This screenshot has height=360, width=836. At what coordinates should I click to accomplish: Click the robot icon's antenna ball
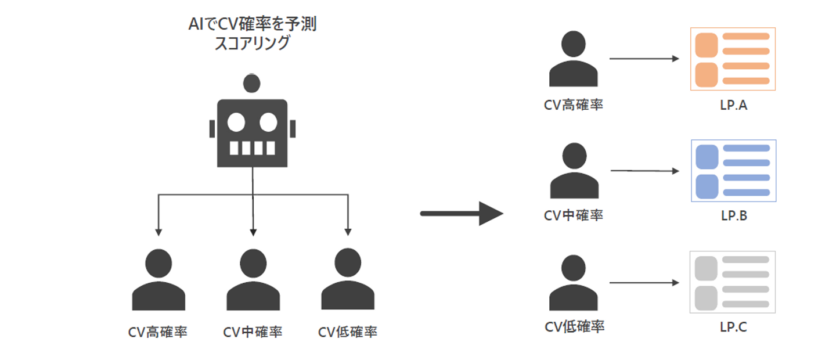pyautogui.click(x=252, y=84)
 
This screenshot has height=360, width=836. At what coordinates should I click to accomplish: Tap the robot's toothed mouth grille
pyautogui.click(x=252, y=148)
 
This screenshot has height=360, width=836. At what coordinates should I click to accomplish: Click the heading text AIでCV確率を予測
pyautogui.click(x=252, y=25)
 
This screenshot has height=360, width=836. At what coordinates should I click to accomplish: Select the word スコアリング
pyautogui.click(x=252, y=44)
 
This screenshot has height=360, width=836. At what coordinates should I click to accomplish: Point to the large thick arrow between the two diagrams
pyautogui.click(x=461, y=214)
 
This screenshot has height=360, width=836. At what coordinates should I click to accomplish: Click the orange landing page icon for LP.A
pyautogui.click(x=733, y=59)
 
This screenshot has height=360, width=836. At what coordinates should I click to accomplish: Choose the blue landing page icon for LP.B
pyautogui.click(x=733, y=171)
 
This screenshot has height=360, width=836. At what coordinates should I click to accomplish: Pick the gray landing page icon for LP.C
pyautogui.click(x=733, y=282)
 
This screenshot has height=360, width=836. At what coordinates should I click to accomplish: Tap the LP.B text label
pyautogui.click(x=734, y=216)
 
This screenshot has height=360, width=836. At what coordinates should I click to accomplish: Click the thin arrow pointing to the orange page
pyautogui.click(x=644, y=59)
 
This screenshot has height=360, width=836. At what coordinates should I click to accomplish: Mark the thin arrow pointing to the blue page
pyautogui.click(x=644, y=171)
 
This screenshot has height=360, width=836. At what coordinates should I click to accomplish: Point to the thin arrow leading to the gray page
pyautogui.click(x=644, y=283)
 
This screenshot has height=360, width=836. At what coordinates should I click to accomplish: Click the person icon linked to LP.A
pyautogui.click(x=573, y=59)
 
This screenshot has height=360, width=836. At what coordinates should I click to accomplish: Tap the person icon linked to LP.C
pyautogui.click(x=574, y=283)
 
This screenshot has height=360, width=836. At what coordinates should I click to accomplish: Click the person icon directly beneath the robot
pyautogui.click(x=253, y=280)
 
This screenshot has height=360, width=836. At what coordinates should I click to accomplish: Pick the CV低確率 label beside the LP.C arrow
pyautogui.click(x=574, y=326)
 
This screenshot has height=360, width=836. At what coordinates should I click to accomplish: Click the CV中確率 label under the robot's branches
pyautogui.click(x=253, y=332)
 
